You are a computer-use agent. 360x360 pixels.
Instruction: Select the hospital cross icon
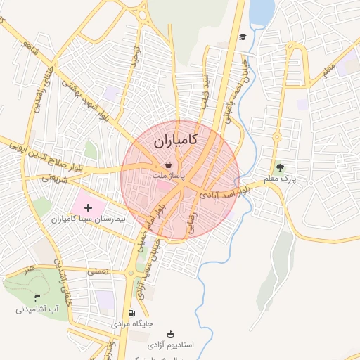(88, 207)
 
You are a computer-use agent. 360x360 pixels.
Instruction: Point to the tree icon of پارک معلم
(281, 167)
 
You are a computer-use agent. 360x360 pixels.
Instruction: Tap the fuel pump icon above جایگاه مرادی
(131, 313)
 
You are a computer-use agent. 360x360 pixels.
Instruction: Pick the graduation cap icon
(243, 37)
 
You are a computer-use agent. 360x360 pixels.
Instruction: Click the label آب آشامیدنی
(43, 309)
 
